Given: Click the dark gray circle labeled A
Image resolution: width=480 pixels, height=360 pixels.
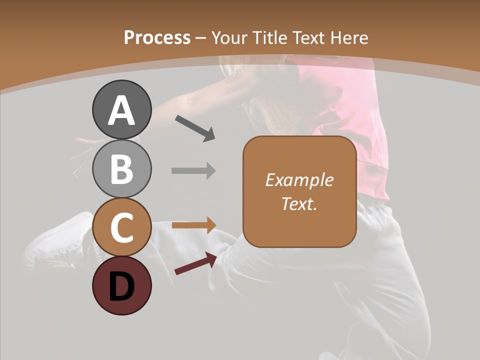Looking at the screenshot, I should pyautogui.click(x=121, y=109).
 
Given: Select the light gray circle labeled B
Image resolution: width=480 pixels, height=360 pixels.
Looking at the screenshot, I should pyautogui.click(x=121, y=168).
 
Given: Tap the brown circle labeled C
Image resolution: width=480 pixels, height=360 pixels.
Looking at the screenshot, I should pyautogui.click(x=121, y=227).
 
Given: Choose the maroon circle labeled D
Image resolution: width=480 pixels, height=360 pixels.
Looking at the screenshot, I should pyautogui.click(x=121, y=286).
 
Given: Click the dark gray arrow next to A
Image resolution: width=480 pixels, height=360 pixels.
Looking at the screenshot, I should pyautogui.click(x=195, y=128).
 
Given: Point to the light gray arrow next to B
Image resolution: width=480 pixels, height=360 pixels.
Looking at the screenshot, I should pyautogui.click(x=193, y=171).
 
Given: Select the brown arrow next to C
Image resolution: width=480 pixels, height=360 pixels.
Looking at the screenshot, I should pyautogui.click(x=193, y=225).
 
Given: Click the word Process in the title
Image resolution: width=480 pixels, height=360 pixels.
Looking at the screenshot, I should pyautogui.click(x=157, y=38).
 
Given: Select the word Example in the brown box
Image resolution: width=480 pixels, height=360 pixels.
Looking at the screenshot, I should pyautogui.click(x=299, y=180).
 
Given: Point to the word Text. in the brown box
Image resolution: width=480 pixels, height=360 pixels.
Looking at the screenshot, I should pyautogui.click(x=299, y=203).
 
